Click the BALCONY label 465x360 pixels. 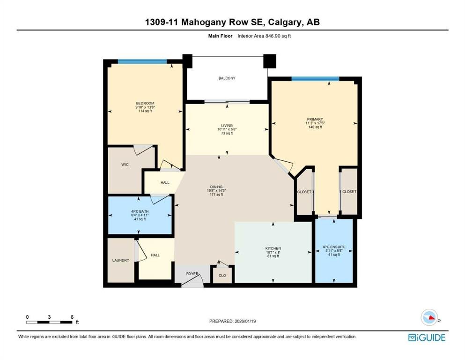tap(227, 78)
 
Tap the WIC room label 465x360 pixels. tap(125, 165)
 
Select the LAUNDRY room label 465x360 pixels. tap(121, 260)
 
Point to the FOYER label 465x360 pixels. tap(192, 274)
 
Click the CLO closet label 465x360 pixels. tap(222, 276)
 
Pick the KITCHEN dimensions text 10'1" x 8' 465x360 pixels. tap(273, 252)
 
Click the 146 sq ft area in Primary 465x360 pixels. tap(315, 127)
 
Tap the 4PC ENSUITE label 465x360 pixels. tap(334, 247)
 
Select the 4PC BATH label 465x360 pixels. tap(140, 211)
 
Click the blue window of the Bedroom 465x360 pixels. tap(142, 61)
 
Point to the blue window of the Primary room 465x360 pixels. tap(315, 79)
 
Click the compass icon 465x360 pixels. tap(429, 317)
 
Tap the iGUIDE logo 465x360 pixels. tap(427, 337)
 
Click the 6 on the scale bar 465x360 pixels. tap(72, 317)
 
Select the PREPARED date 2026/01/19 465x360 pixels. tap(245, 321)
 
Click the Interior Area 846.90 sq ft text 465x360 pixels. tap(264, 36)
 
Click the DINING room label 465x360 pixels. tap(216, 187)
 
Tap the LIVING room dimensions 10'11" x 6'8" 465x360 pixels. tap(227, 129)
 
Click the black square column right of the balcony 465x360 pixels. tap(270, 61)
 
